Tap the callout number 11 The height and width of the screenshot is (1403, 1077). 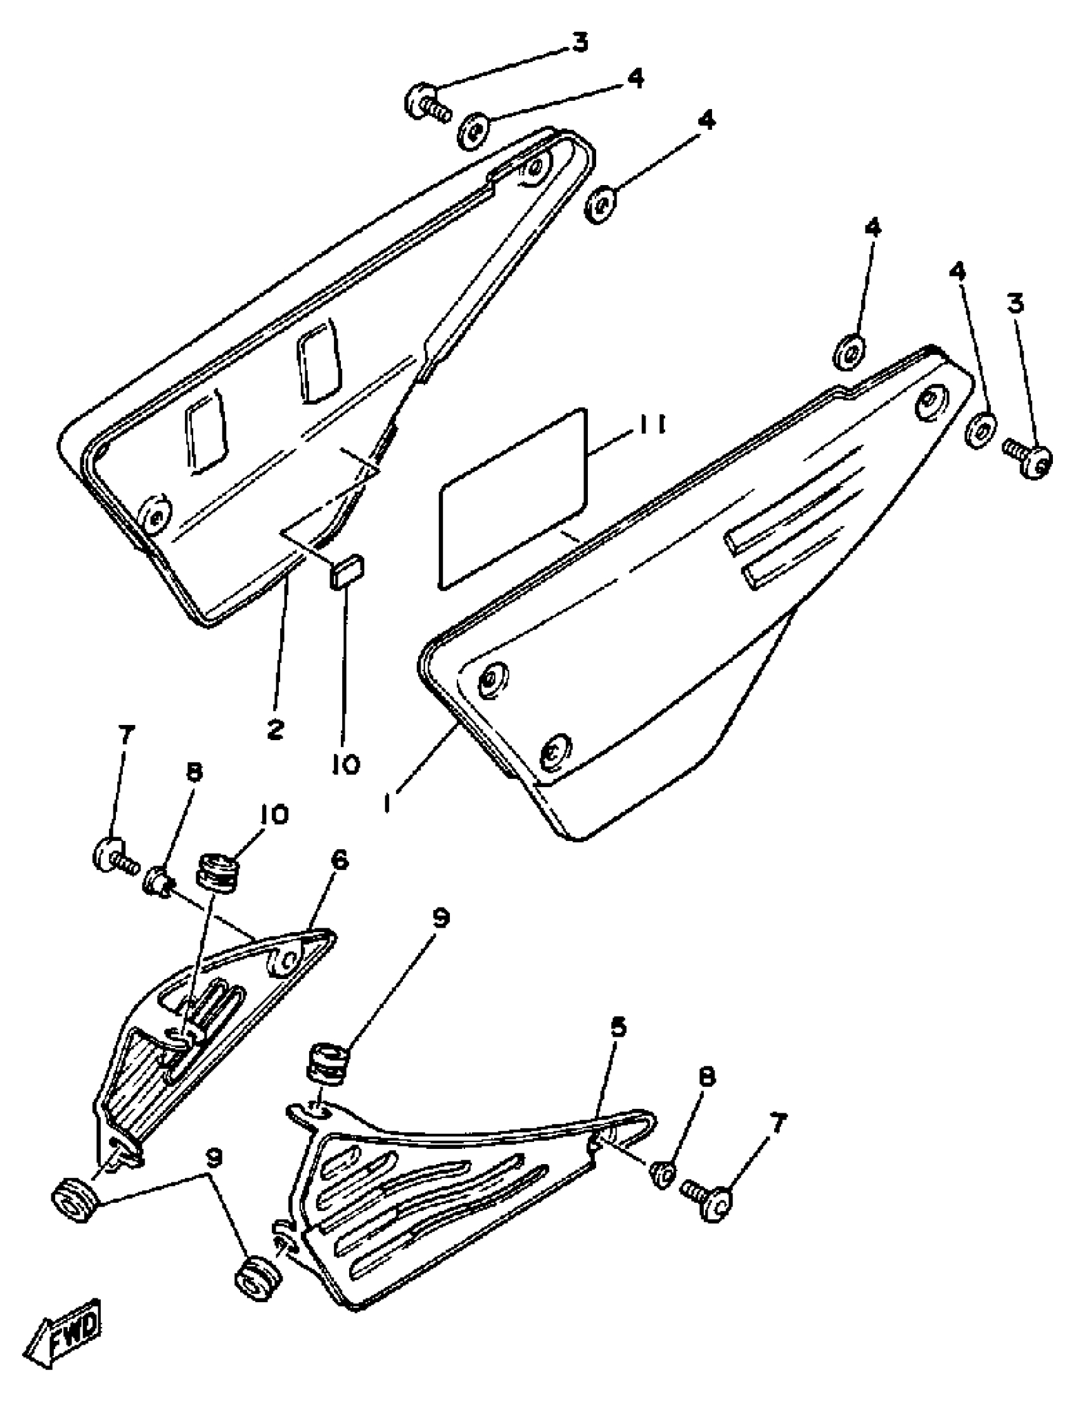(649, 425)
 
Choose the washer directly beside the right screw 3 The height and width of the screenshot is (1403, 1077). (980, 430)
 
